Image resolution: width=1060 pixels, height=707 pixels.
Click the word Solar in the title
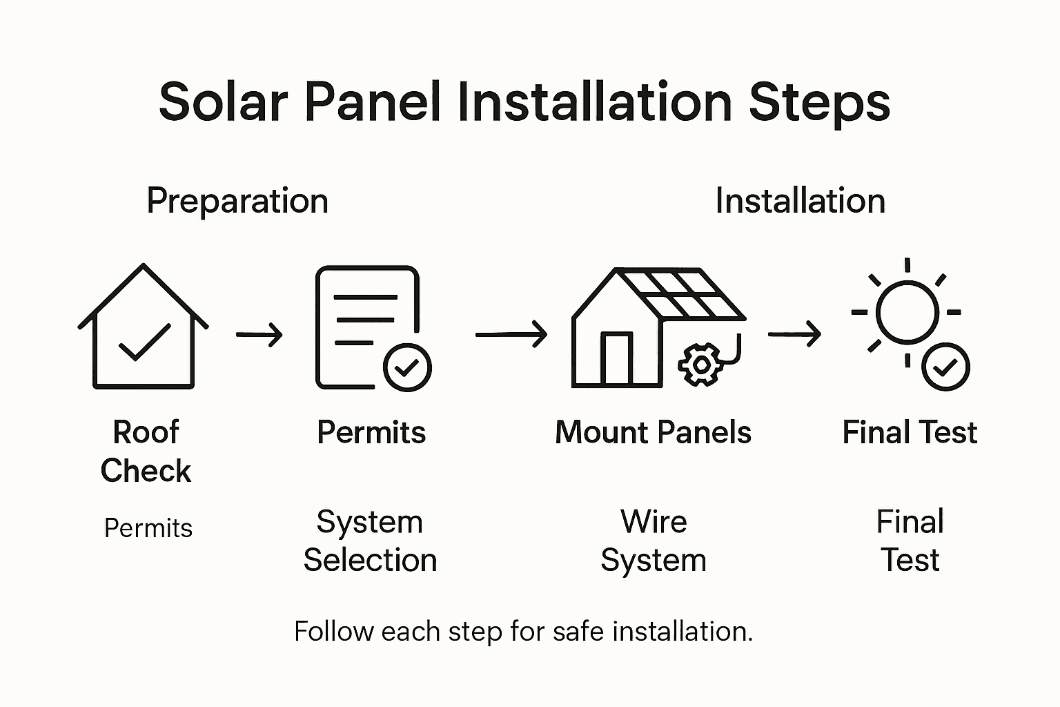222,102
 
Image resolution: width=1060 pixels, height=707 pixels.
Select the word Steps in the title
819,102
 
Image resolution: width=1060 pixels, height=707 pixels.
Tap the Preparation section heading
237,201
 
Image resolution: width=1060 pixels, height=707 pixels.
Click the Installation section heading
800,201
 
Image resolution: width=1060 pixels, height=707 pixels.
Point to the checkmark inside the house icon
144,342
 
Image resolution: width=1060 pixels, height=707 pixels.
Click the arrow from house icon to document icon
259,335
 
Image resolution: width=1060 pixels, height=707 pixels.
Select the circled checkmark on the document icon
407,367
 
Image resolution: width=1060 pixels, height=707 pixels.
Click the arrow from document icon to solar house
511,335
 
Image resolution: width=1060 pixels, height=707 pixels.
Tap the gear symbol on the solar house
700,364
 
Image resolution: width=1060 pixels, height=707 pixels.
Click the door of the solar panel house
616,358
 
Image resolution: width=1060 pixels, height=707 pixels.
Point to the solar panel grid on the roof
680,293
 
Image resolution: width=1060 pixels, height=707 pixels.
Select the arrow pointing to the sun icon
794,335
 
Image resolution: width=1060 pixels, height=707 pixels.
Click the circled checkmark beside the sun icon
945,367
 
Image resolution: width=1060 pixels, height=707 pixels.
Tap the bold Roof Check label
146,451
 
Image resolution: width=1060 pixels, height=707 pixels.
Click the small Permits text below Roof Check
148,528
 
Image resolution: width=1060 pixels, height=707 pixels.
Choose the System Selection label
370,541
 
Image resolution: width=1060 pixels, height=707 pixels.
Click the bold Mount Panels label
653,433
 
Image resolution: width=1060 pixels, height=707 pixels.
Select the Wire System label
654,541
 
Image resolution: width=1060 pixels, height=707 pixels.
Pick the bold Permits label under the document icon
371,433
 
